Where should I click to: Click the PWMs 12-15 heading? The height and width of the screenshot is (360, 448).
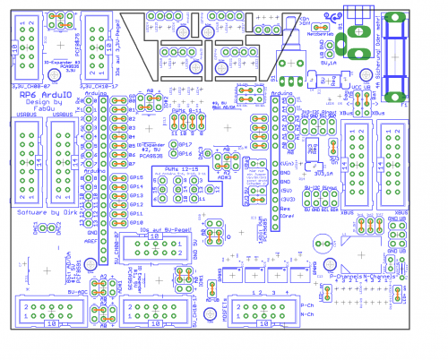pyautogui.click(x=174, y=167)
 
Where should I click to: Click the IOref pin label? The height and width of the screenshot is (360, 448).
pyautogui.click(x=287, y=217)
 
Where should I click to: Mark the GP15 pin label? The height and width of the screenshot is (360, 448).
pyautogui.click(x=136, y=177)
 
